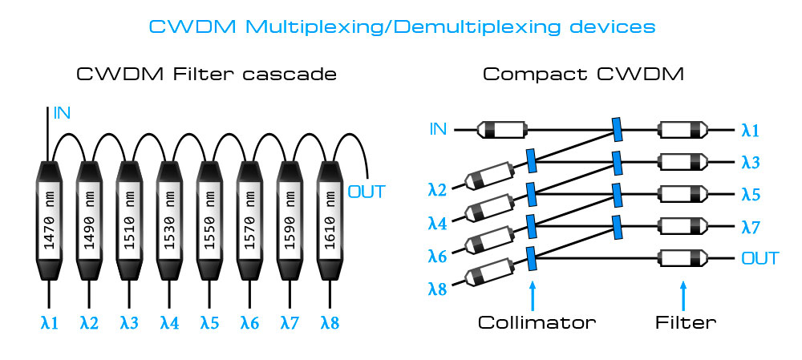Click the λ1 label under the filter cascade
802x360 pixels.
(x=50, y=324)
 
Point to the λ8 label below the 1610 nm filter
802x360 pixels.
(x=330, y=324)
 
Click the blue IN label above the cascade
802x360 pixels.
(x=62, y=113)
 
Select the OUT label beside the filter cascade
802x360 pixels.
(x=367, y=192)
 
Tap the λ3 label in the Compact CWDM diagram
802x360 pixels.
(x=751, y=162)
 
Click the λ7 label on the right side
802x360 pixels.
(x=751, y=228)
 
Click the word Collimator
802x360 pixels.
(x=537, y=323)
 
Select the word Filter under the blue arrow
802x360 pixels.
(x=683, y=323)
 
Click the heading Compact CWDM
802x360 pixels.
(x=583, y=75)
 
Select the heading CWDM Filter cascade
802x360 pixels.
(x=206, y=75)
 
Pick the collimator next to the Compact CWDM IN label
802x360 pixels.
(x=501, y=128)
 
